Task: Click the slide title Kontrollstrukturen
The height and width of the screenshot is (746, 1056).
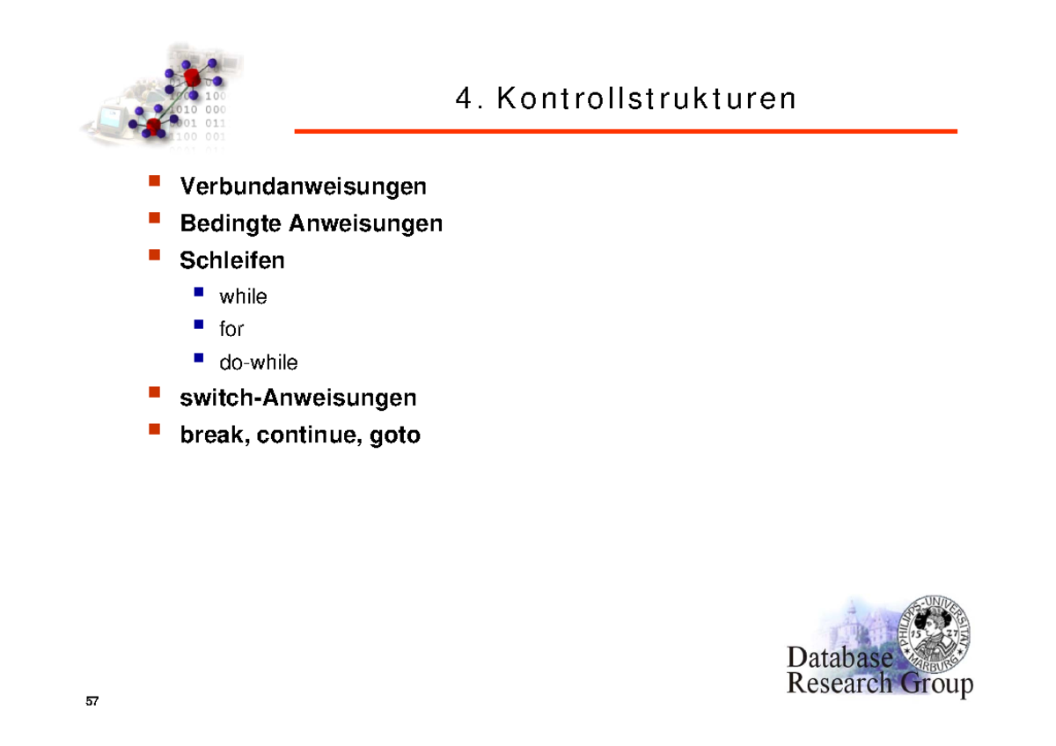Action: coord(647,99)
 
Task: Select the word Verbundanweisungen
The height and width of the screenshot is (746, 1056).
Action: coord(303,186)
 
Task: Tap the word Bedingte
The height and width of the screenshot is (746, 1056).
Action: coord(231,224)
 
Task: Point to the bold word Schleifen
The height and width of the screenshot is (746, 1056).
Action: coord(232,261)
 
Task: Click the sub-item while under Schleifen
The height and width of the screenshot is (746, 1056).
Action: coord(243,297)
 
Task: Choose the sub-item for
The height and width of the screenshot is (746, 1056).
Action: coord(231,330)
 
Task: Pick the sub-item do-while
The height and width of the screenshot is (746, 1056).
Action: coord(259,362)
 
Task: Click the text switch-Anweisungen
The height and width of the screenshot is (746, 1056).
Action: coord(297,399)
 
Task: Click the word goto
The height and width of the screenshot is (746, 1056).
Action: coord(395,435)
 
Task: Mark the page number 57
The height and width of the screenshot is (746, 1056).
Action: coord(92,702)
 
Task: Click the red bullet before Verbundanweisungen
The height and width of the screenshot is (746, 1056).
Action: coord(155,182)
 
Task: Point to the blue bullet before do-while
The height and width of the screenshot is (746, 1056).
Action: coord(199,358)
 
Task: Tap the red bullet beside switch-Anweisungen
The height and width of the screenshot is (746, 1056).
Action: coord(155,393)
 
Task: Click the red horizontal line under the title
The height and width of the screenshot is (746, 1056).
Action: coord(625,131)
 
